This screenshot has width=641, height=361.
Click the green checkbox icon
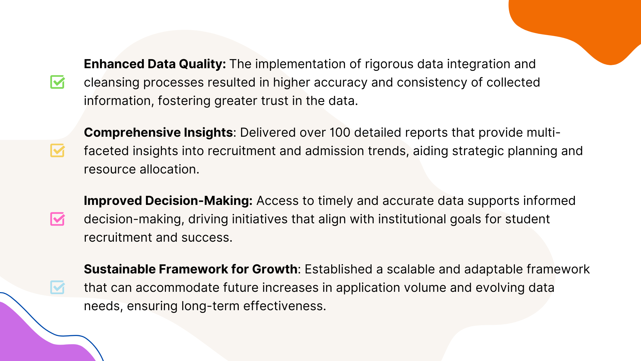click(x=57, y=82)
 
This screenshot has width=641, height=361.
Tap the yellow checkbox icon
click(x=57, y=150)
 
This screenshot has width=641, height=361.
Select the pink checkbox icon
click(x=57, y=219)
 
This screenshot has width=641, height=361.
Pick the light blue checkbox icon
click(x=57, y=287)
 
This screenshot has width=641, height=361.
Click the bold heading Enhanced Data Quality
click(x=155, y=64)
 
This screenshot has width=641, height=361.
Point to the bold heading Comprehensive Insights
click(x=158, y=133)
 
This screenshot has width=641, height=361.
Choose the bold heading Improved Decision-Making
click(x=168, y=201)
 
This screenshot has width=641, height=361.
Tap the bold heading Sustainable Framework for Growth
click(x=191, y=269)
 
